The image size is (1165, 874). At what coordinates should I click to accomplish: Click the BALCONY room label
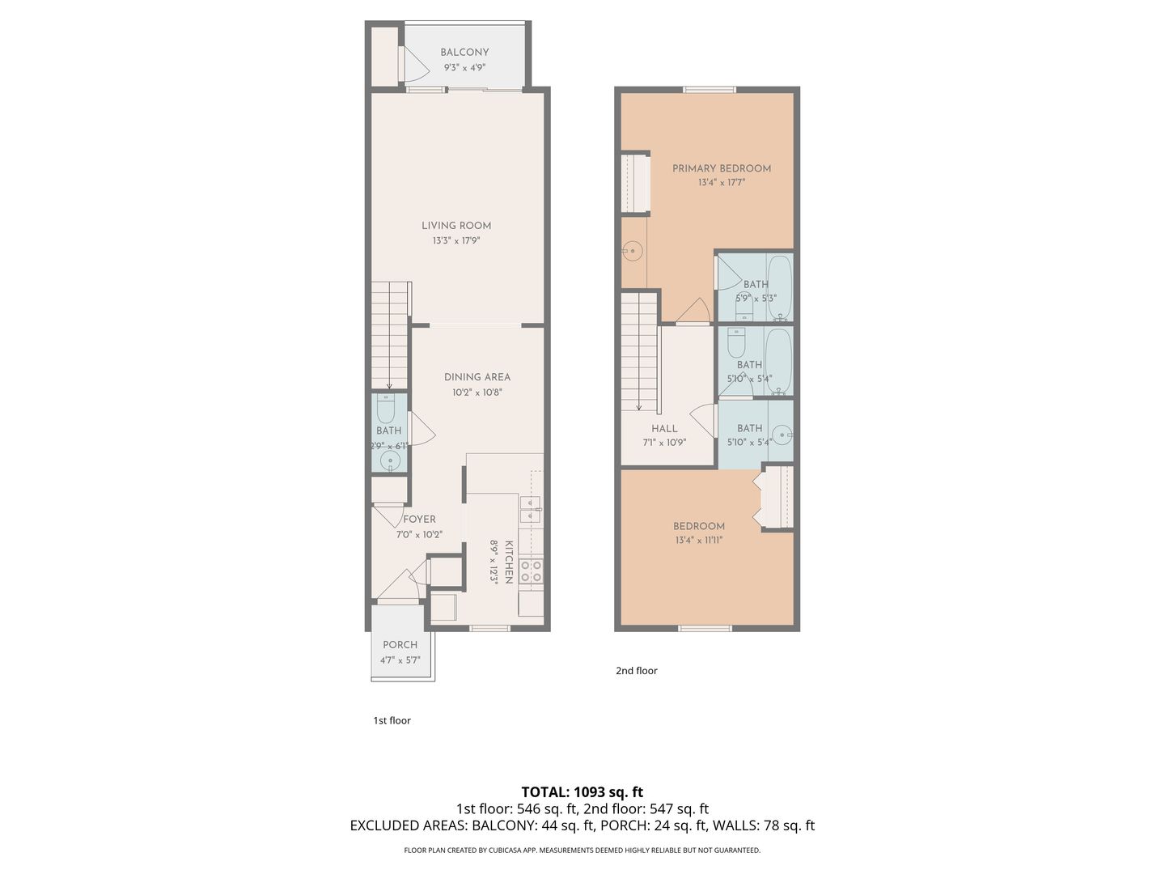(x=464, y=52)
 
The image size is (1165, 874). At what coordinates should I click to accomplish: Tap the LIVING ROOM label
(x=456, y=226)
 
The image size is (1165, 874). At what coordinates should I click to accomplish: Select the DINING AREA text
(x=477, y=377)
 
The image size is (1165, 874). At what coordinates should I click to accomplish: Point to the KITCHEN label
(x=508, y=562)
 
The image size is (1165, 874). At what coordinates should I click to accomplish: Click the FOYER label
(x=419, y=520)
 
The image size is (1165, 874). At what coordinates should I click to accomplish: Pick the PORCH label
(x=400, y=645)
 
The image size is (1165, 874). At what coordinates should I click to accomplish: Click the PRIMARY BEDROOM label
(x=722, y=169)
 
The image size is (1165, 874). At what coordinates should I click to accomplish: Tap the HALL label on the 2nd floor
(x=664, y=429)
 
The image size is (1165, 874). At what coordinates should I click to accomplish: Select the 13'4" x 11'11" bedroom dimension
(x=698, y=541)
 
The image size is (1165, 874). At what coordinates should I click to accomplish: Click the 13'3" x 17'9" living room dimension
(x=456, y=240)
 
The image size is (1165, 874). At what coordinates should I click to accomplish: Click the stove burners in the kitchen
(x=531, y=571)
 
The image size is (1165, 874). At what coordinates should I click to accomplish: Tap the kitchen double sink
(x=530, y=510)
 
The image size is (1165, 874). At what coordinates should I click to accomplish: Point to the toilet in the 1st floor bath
(x=386, y=408)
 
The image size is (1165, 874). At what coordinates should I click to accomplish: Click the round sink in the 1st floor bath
(x=390, y=460)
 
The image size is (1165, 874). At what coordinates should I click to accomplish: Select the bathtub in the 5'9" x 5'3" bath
(x=780, y=287)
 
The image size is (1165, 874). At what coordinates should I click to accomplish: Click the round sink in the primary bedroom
(x=633, y=251)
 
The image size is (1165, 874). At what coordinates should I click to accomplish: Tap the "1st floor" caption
(x=392, y=720)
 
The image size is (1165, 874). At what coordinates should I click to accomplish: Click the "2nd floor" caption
(x=637, y=671)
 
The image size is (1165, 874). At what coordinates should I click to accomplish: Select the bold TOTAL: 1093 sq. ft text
(x=582, y=792)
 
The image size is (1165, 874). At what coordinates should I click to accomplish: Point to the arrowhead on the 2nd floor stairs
(x=639, y=408)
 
